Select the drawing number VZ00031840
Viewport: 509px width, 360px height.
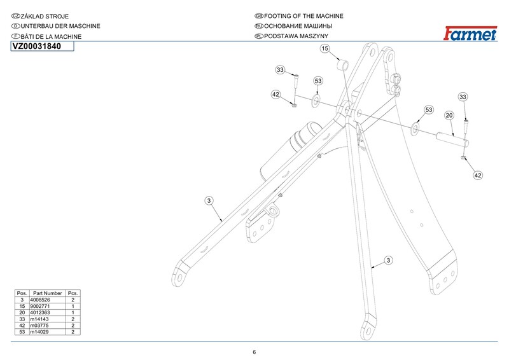[36, 46]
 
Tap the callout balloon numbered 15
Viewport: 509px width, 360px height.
[324, 48]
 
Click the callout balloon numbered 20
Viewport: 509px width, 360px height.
[449, 116]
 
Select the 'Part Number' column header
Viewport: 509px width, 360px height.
[48, 293]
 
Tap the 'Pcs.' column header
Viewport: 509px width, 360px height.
[73, 293]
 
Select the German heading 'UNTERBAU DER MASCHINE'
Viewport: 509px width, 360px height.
[61, 26]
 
